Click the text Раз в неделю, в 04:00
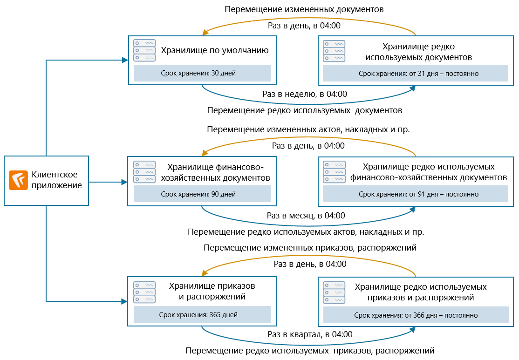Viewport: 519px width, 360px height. (x=305, y=94)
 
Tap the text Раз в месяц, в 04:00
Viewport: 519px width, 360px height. (x=306, y=215)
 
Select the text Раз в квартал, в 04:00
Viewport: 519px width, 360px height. (x=309, y=334)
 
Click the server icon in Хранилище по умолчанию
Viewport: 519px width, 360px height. (x=144, y=50)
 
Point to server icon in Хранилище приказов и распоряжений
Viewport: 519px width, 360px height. (x=144, y=292)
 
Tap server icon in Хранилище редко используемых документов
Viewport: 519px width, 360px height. (x=334, y=50)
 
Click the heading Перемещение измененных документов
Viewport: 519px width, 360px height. (x=304, y=9)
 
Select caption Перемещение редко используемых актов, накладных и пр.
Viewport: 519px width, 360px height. (x=306, y=231)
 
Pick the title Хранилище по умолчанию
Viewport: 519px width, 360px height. (x=215, y=50)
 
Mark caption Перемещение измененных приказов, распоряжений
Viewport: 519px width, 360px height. (x=309, y=248)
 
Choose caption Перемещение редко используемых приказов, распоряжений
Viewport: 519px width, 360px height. (x=309, y=350)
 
